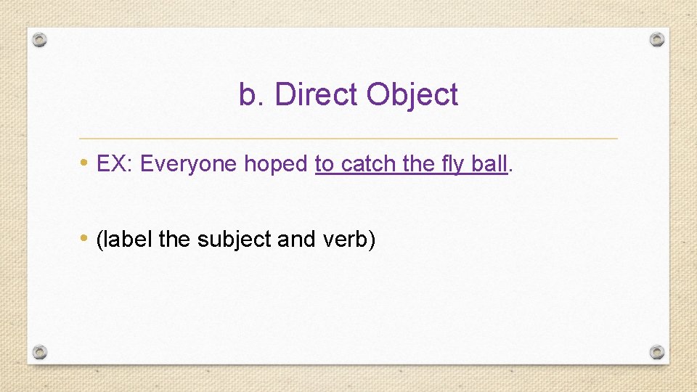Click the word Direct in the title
click(x=317, y=95)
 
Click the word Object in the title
click(x=412, y=95)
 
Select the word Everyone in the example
click(x=189, y=164)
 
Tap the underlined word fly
click(x=452, y=165)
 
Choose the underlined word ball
click(x=489, y=164)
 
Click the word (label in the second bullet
click(x=124, y=239)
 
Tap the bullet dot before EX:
click(x=86, y=163)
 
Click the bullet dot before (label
click(x=86, y=237)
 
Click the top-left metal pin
click(x=41, y=40)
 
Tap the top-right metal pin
click(x=656, y=39)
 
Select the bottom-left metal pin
click(x=41, y=352)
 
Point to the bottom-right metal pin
click(x=656, y=352)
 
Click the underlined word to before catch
click(x=325, y=164)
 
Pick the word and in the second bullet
click(x=295, y=239)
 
